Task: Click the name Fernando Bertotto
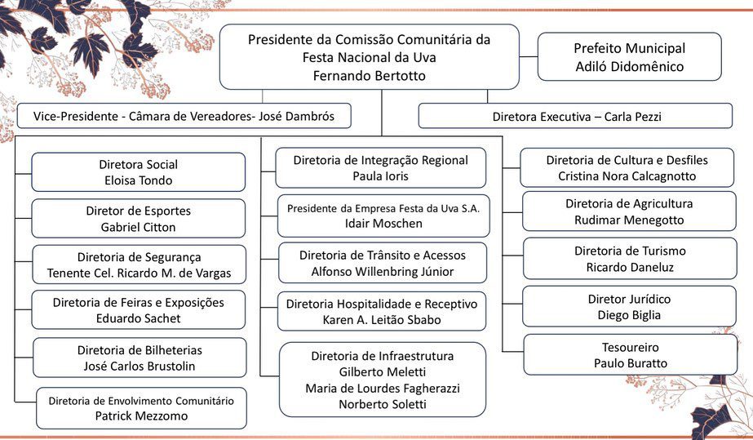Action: tap(370, 76)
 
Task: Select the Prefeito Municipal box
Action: tap(629, 57)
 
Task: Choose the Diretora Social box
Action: tap(138, 172)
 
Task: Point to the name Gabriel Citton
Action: tap(138, 227)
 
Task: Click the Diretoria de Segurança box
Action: tap(139, 264)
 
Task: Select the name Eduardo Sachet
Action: tap(138, 318)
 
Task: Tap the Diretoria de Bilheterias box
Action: tap(140, 358)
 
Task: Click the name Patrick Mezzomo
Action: tap(140, 416)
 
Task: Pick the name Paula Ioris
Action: tap(380, 176)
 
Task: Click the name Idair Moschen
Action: tap(383, 224)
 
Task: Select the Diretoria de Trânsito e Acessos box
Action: tap(383, 263)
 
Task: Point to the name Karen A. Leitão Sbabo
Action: tap(381, 319)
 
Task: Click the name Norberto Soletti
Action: tap(382, 404)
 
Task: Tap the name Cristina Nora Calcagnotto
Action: tap(627, 176)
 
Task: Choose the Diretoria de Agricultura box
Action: tap(628, 211)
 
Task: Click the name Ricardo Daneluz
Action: tap(629, 266)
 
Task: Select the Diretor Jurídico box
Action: tap(628, 306)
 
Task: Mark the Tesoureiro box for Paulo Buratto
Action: tap(630, 354)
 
